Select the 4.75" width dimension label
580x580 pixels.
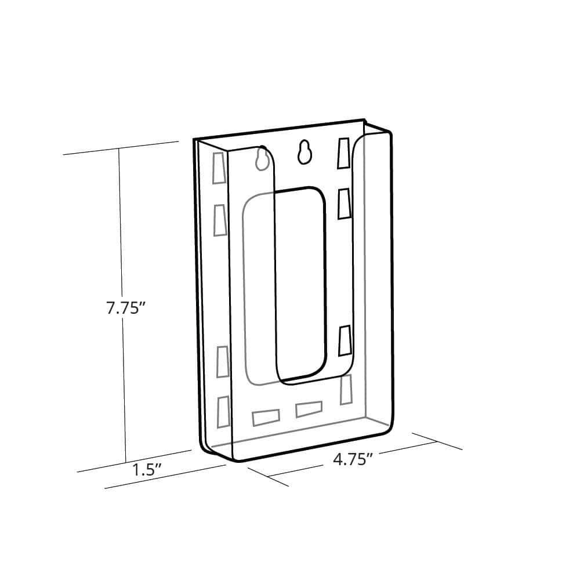click(x=352, y=459)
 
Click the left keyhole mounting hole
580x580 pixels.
click(x=262, y=158)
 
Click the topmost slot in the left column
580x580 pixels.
click(x=219, y=168)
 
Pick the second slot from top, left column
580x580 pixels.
click(x=220, y=220)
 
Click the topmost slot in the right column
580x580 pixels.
click(x=344, y=154)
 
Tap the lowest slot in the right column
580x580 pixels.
click(x=346, y=389)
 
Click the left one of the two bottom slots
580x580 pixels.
click(x=266, y=416)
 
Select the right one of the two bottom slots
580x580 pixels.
click(x=309, y=409)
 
